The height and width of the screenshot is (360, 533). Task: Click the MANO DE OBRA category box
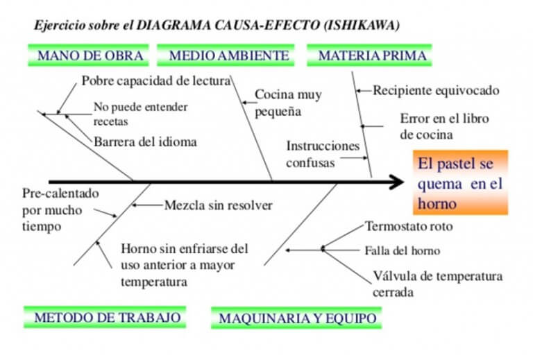(88, 55)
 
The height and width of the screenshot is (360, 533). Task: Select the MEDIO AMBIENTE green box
(226, 55)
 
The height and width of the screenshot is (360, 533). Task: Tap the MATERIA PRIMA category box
(369, 55)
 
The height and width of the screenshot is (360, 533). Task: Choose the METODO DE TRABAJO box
(105, 317)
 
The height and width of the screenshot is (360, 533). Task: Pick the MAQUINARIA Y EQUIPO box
(296, 318)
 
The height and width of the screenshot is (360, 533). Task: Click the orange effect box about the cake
(461, 182)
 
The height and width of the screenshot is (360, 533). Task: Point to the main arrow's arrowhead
(396, 182)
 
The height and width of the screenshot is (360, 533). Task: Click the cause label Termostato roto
(409, 226)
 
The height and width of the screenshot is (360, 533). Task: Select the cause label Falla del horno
(403, 250)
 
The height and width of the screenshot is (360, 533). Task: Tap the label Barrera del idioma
(145, 142)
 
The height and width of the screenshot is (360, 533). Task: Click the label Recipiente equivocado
(436, 90)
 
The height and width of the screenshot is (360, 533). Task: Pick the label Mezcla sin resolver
(218, 205)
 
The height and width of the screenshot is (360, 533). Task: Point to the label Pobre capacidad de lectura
(156, 81)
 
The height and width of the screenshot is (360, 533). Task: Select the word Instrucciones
(323, 146)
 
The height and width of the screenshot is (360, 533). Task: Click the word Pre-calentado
(60, 194)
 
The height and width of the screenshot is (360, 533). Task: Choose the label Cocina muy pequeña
(288, 103)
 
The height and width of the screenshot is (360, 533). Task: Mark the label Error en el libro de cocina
(444, 126)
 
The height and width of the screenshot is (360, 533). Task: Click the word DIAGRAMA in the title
(175, 25)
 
